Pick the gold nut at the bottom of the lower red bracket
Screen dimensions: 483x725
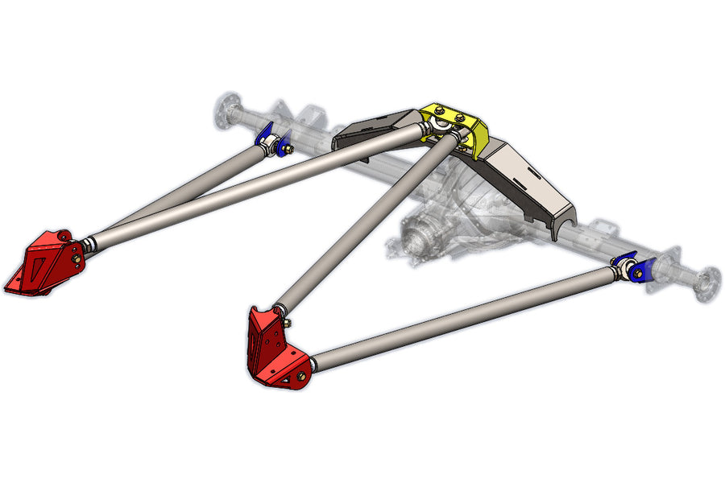pyautogui.click(x=301, y=375)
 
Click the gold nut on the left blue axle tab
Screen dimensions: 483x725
pyautogui.click(x=285, y=149)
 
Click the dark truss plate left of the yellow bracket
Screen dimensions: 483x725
pyautogui.click(x=375, y=129)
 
